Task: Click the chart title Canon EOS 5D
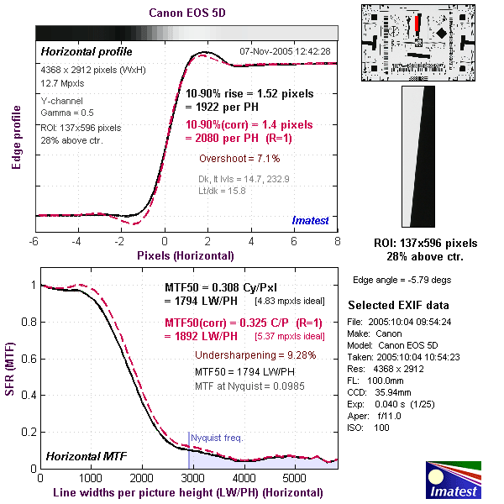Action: [186, 13]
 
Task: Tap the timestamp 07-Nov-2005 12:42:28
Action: [285, 52]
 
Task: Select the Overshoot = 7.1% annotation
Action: [239, 158]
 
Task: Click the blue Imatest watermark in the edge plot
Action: [311, 220]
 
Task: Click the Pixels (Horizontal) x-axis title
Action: [186, 255]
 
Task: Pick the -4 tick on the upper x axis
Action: [77, 242]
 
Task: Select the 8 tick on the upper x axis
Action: [337, 242]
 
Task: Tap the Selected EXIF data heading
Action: [398, 305]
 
